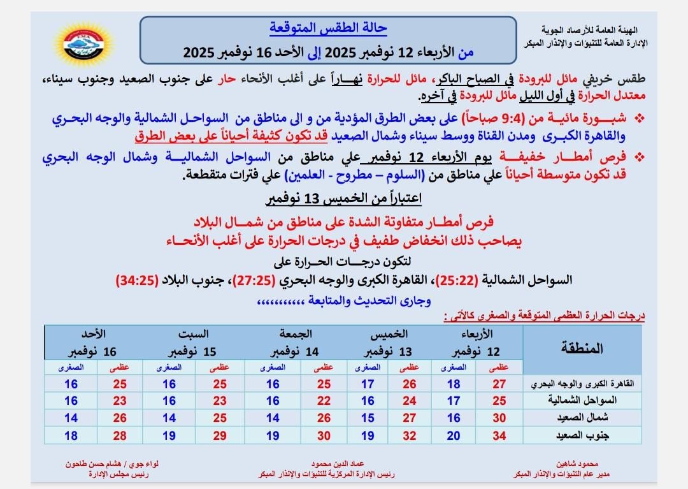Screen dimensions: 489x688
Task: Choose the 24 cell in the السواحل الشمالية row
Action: pos(410,401)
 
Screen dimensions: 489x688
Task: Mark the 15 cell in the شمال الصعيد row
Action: pos(368,418)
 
